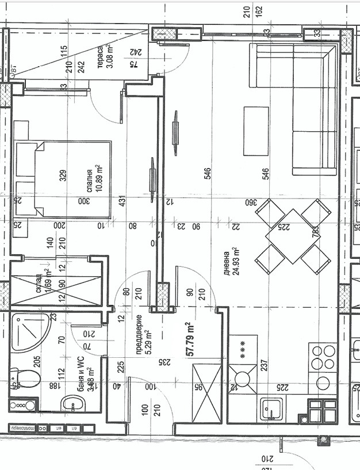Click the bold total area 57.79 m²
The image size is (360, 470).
point(190,341)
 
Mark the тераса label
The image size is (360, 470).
point(99,57)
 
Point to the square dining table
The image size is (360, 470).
point(285,236)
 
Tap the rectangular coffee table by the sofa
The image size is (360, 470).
point(256,131)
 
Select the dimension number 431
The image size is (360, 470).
point(122,202)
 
